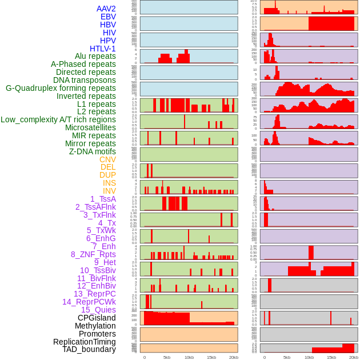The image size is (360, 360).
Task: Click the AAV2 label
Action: (x=106, y=9)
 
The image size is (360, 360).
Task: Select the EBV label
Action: (x=108, y=17)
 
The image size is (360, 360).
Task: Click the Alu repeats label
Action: (x=95, y=56)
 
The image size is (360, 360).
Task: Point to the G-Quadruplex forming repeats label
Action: (x=61, y=88)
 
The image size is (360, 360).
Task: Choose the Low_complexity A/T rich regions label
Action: (x=58, y=119)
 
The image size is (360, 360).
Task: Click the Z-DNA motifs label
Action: (x=92, y=151)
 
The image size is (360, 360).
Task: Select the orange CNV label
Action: (x=107, y=159)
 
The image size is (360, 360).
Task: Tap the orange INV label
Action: (x=109, y=191)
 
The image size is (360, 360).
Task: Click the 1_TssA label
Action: (x=103, y=199)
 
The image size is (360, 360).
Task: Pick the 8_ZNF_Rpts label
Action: (x=93, y=254)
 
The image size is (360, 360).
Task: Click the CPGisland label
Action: (x=97, y=318)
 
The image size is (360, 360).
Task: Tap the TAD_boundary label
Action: (x=89, y=349)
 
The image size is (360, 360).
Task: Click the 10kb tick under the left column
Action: (x=189, y=357)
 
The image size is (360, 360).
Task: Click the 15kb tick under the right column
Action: (x=331, y=357)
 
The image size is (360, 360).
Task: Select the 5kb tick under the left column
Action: (x=167, y=357)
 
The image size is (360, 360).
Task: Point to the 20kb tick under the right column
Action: (x=354, y=357)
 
